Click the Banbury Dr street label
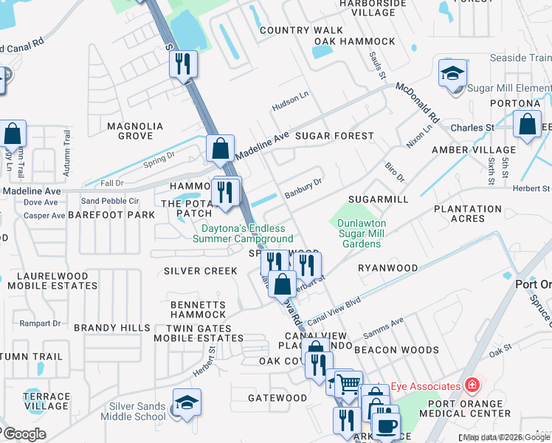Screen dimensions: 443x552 tap(304, 188)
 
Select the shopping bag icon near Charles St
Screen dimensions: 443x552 tap(528, 125)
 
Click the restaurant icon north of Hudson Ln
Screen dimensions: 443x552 tap(184, 63)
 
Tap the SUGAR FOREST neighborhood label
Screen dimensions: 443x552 tap(334, 137)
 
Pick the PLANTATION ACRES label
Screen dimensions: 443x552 tap(469, 213)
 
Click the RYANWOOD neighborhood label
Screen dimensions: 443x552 tap(387, 268)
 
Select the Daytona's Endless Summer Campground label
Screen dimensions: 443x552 tap(243, 233)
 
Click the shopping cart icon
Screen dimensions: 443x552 tap(348, 383)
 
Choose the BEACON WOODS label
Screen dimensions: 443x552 tap(396, 350)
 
